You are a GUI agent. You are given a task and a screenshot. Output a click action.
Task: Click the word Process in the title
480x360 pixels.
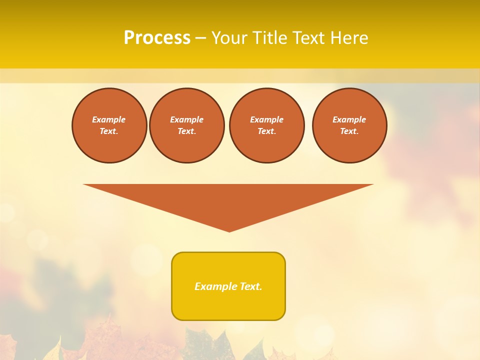click(157, 38)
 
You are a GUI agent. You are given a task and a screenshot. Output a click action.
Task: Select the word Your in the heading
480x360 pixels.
click(229, 38)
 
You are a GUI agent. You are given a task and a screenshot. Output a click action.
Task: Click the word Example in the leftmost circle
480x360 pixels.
click(109, 119)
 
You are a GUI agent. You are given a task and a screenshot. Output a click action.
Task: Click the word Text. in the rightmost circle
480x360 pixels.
click(349, 131)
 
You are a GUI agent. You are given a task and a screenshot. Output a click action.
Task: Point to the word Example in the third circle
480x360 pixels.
click(266, 119)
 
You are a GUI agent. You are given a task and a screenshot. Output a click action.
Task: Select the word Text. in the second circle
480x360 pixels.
click(186, 131)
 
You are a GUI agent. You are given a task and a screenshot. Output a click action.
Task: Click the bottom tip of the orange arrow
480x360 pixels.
click(229, 230)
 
